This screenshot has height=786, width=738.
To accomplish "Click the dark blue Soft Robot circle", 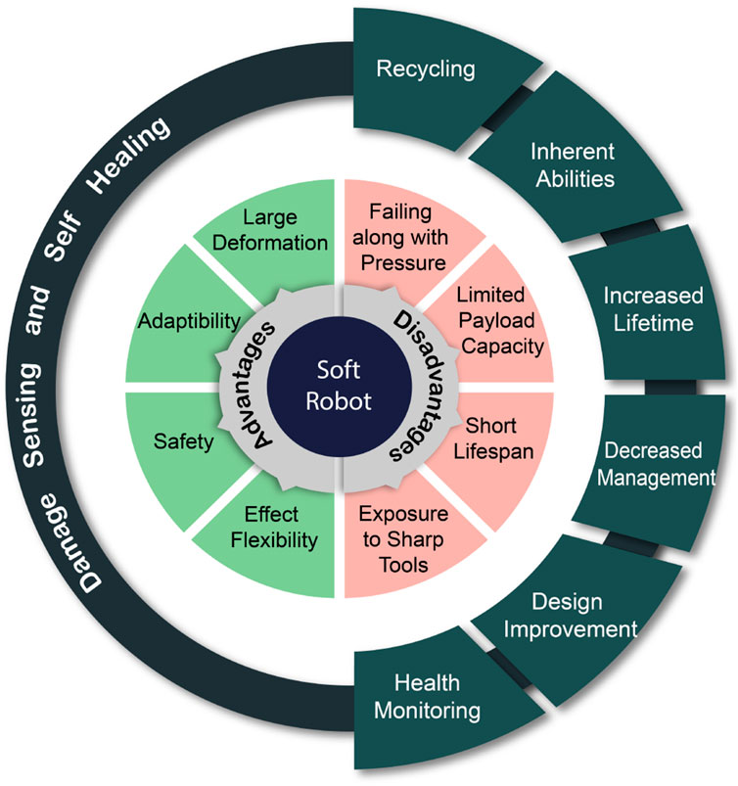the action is click(x=340, y=387).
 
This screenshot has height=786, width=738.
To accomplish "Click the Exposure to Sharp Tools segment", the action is click(x=403, y=539).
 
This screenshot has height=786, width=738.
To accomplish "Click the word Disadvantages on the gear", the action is click(x=421, y=385).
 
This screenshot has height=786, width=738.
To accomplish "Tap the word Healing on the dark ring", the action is click(x=129, y=156).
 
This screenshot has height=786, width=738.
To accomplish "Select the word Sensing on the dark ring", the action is click(x=31, y=416).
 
